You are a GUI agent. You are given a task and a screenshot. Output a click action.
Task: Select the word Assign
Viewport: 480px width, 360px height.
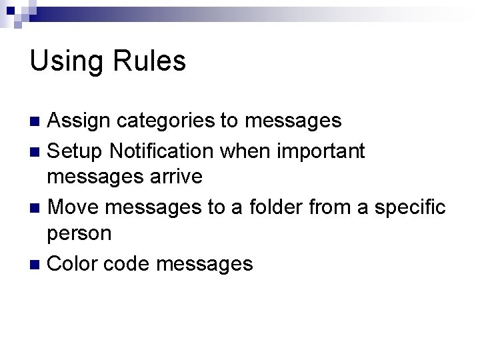[81, 121]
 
